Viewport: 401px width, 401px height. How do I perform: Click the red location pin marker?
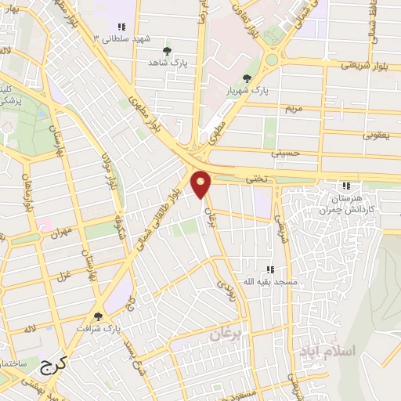[201, 184]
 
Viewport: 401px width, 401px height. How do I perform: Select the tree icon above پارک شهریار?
[247, 78]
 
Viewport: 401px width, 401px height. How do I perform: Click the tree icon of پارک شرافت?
[97, 316]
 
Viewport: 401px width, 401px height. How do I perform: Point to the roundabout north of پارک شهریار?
[272, 59]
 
